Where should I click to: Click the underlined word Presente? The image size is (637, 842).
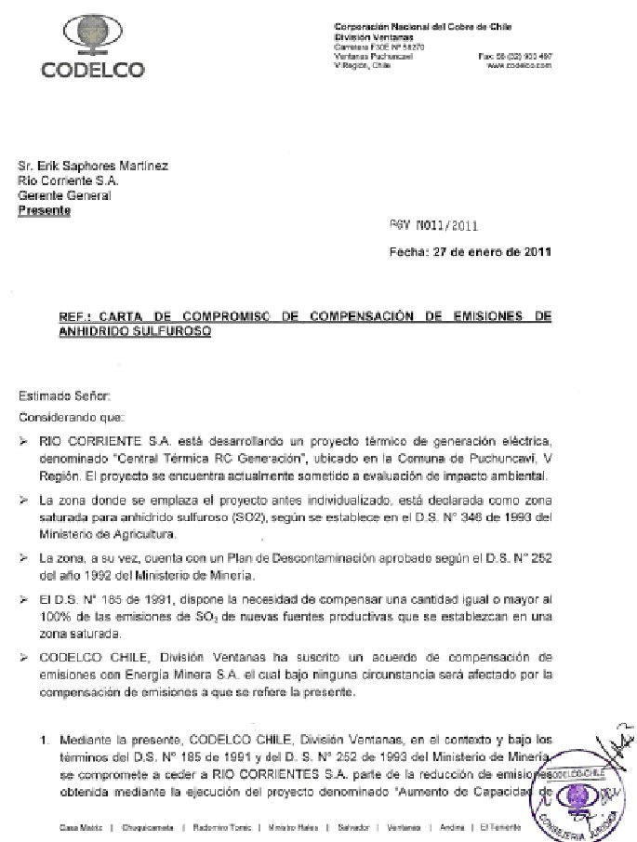point(45,211)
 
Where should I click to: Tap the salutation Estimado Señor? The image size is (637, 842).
point(62,397)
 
